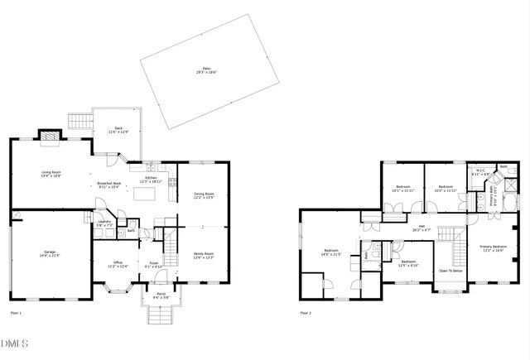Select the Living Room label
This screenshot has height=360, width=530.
click(51, 174)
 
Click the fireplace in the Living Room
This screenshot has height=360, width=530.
click(51, 137)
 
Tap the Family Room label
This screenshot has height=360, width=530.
click(204, 256)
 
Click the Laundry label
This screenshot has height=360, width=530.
click(104, 223)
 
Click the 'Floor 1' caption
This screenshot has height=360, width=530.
click(16, 314)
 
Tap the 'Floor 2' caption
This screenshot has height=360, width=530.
click(306, 314)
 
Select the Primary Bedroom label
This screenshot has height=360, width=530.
click(493, 247)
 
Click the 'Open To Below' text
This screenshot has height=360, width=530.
click(451, 271)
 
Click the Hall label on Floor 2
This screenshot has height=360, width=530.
click(421, 228)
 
